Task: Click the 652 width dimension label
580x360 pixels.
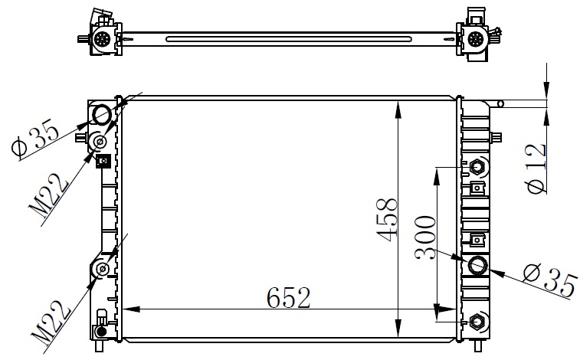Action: coord(289,297)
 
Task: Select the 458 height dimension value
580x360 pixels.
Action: coord(387,220)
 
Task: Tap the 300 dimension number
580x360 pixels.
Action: coord(425,237)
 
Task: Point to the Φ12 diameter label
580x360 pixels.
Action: coord(536,169)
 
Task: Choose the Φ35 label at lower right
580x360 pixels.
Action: coord(551,280)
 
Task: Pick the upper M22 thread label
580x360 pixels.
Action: coord(49,195)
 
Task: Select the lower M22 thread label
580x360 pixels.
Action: coord(51,321)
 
